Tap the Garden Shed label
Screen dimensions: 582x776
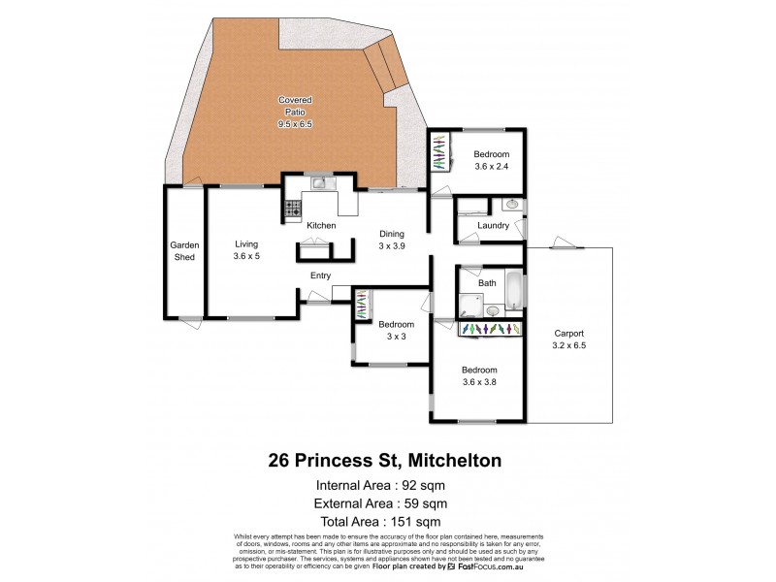point(184,251)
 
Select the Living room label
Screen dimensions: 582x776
point(246,250)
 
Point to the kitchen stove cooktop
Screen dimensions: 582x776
point(292,208)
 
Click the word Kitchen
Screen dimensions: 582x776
point(321,226)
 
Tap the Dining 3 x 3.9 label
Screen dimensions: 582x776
point(392,240)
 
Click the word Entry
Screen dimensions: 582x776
point(320,275)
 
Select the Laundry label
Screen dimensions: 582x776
point(494,226)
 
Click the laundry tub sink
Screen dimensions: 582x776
point(511,206)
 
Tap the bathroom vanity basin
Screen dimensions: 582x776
point(493,310)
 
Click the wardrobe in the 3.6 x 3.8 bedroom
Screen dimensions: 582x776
point(490,330)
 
